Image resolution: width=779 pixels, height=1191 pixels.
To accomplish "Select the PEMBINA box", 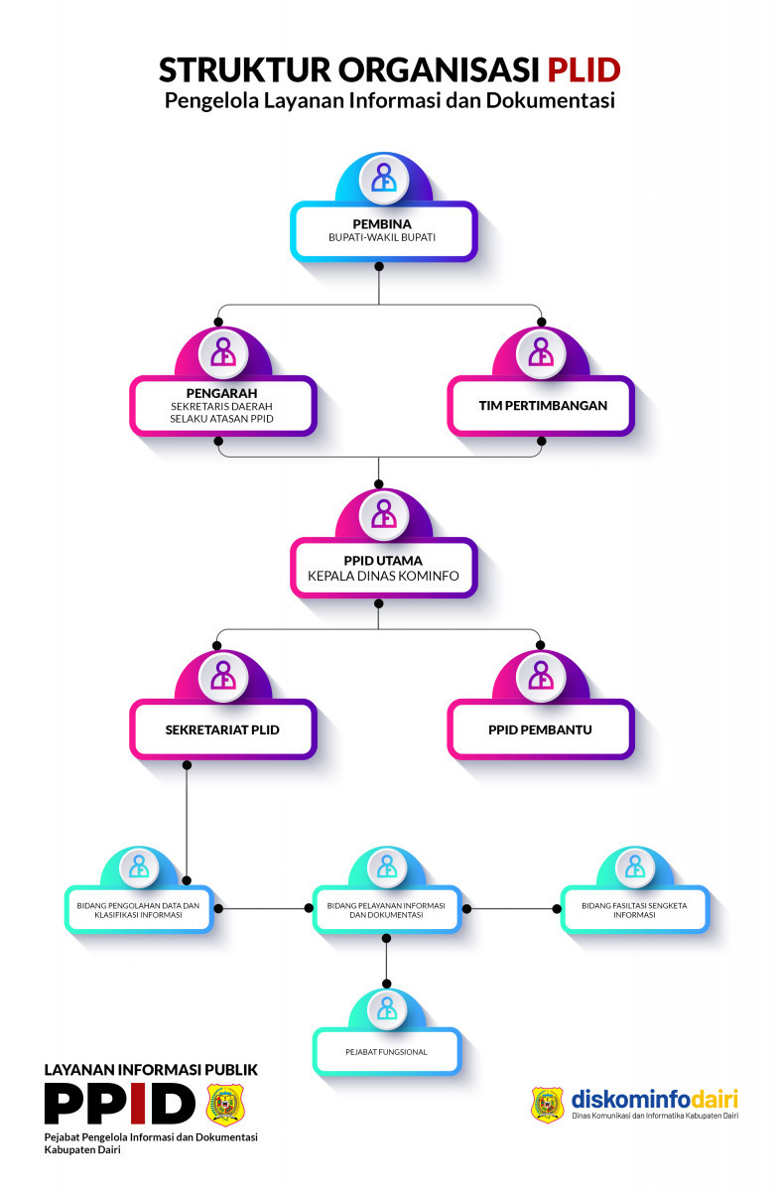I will click(383, 231).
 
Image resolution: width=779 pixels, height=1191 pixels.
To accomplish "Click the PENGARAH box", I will click(222, 406).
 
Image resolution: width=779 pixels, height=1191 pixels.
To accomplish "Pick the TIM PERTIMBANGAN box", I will click(541, 406).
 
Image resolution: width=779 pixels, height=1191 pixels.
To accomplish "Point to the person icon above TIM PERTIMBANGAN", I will click(541, 352).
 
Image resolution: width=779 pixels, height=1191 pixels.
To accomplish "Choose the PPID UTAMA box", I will click(383, 568).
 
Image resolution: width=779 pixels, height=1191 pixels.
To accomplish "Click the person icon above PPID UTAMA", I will click(383, 513).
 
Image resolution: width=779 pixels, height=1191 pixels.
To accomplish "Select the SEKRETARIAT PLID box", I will click(222, 729).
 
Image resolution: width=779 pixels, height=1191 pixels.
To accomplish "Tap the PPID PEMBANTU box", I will click(541, 729).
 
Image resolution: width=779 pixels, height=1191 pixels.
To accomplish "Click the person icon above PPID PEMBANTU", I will click(541, 675).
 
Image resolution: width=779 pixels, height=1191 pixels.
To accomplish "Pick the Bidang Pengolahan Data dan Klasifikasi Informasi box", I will click(139, 909).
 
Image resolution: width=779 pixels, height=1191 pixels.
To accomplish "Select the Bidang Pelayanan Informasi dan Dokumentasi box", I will click(387, 909).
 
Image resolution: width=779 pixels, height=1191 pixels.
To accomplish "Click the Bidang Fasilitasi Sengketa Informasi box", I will click(634, 909).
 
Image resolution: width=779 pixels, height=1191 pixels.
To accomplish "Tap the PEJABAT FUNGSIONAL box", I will click(387, 1051).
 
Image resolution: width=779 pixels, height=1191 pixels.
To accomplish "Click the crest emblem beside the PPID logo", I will click(229, 1105).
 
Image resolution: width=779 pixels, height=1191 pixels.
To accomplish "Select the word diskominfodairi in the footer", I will click(654, 1100).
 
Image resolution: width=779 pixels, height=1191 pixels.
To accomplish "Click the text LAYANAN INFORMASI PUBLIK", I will click(151, 1070).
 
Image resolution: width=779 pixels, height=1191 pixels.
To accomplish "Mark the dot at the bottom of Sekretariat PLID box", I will click(188, 765).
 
